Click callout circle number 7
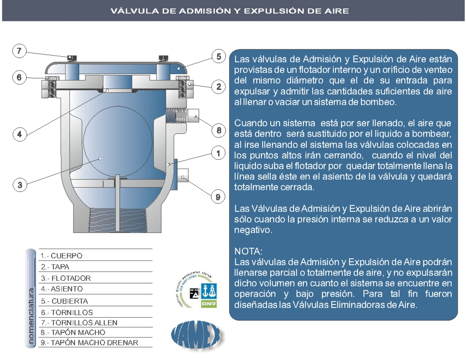click(19, 51)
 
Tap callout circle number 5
click(219, 56)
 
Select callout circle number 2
click(218, 87)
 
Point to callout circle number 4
click(20, 134)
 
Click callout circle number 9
click(218, 197)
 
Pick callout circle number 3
click(20, 185)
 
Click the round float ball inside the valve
click(118, 142)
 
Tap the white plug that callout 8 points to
click(193, 116)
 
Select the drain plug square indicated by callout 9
click(183, 175)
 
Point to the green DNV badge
click(209, 304)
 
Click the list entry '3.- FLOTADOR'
click(66, 278)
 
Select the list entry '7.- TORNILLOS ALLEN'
click(79, 323)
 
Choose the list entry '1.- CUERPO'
click(61, 256)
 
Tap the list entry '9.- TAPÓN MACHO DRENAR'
click(89, 343)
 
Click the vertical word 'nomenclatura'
click(31, 316)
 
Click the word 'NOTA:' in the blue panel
click(248, 251)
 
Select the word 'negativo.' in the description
click(253, 230)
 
